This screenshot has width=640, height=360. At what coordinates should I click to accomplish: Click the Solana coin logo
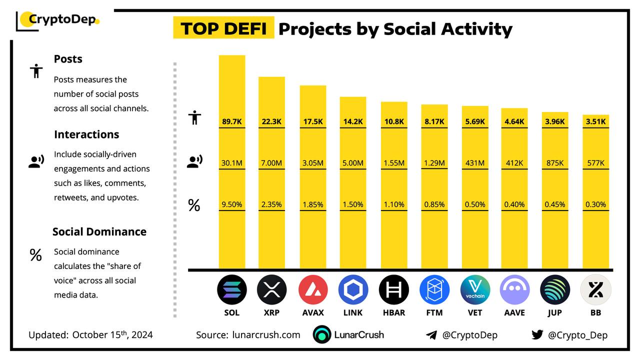pyautogui.click(x=232, y=289)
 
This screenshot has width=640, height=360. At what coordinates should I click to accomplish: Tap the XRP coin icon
pyautogui.click(x=271, y=289)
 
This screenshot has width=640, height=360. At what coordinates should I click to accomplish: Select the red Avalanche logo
pyautogui.click(x=313, y=289)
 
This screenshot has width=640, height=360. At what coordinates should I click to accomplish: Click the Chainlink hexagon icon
pyautogui.click(x=353, y=289)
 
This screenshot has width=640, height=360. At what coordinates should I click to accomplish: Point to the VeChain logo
pyautogui.click(x=475, y=289)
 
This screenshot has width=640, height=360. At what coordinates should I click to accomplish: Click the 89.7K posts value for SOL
pyautogui.click(x=232, y=121)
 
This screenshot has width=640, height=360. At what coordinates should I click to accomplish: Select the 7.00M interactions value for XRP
pyautogui.click(x=271, y=162)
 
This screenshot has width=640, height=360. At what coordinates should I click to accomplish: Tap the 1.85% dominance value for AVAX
pyautogui.click(x=313, y=204)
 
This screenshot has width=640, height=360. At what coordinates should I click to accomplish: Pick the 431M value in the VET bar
pyautogui.click(x=475, y=162)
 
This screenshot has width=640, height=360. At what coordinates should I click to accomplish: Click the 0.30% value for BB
pyautogui.click(x=595, y=204)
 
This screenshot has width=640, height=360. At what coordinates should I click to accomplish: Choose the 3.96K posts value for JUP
pyautogui.click(x=555, y=121)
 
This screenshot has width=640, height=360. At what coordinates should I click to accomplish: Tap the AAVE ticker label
pyautogui.click(x=514, y=312)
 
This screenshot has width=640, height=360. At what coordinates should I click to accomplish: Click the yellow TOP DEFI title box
pyautogui.click(x=223, y=28)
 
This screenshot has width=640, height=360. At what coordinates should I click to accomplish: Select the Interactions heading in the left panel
pyautogui.click(x=86, y=134)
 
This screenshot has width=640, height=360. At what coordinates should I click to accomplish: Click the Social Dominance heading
pyautogui.click(x=99, y=231)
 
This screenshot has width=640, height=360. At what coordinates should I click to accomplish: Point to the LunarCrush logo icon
pyautogui.click(x=322, y=335)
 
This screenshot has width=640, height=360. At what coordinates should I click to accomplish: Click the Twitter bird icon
pyautogui.click(x=537, y=335)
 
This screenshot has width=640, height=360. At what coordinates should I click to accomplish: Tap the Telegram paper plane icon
pyautogui.click(x=431, y=335)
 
